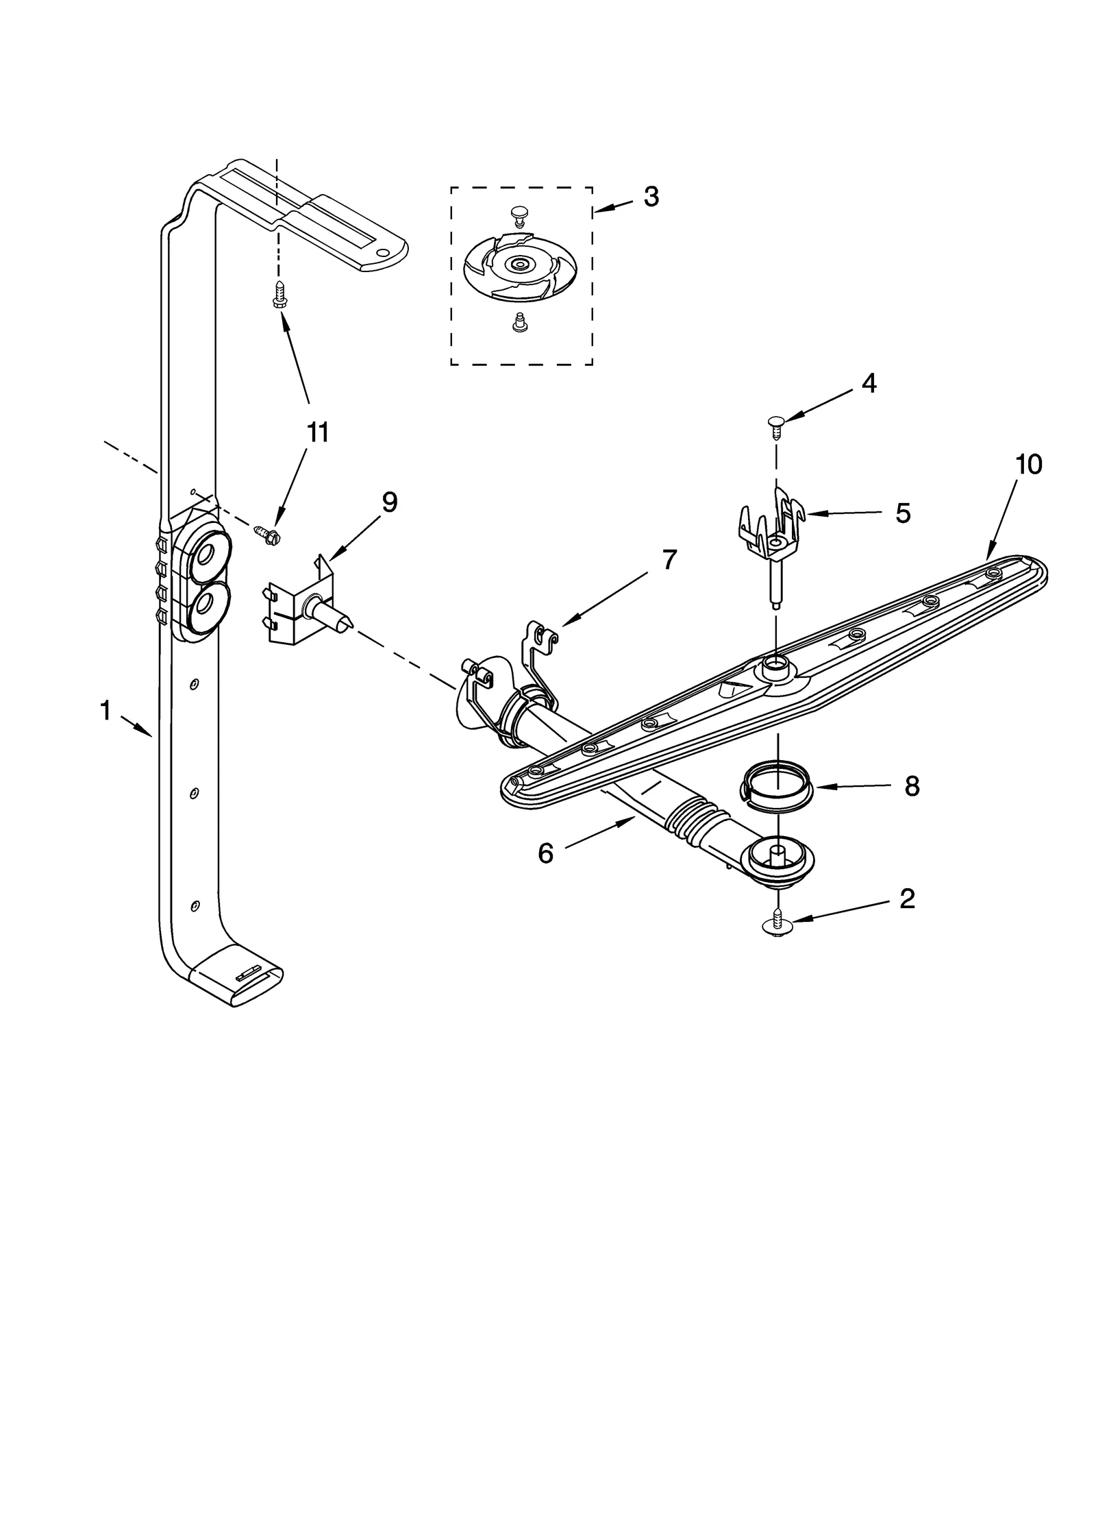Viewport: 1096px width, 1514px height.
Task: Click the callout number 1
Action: (105, 711)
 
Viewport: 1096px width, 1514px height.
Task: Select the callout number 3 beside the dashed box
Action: (651, 197)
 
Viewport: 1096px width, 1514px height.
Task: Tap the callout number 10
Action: (1028, 465)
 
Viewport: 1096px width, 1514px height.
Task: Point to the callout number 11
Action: (317, 433)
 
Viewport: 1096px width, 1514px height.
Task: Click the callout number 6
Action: (545, 854)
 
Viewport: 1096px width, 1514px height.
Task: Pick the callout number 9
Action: (388, 502)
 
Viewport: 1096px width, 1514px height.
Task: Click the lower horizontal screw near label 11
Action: (263, 530)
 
